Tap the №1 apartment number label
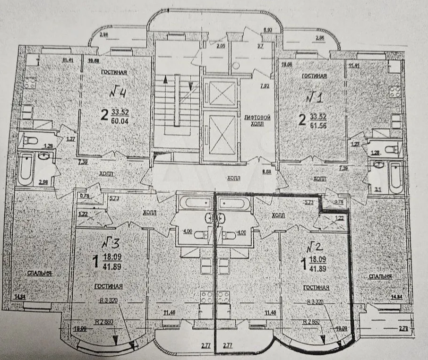pos(314,99)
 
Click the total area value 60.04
pos(120,120)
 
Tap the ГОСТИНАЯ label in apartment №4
pos(111,72)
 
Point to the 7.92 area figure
pos(265,86)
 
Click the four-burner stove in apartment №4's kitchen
pos(31,85)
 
